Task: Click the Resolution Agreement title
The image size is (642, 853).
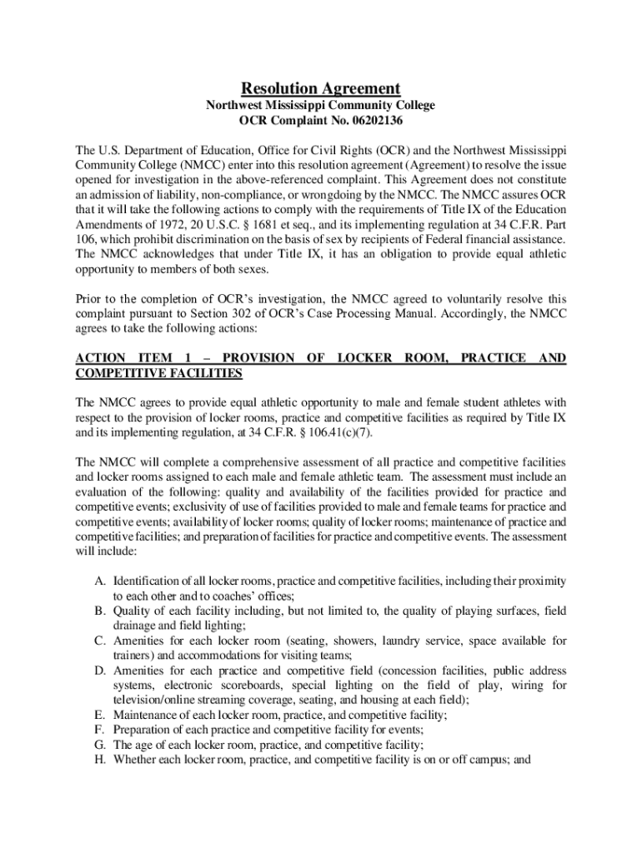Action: tap(321, 88)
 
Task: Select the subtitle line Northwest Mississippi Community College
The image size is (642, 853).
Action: tap(321, 106)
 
